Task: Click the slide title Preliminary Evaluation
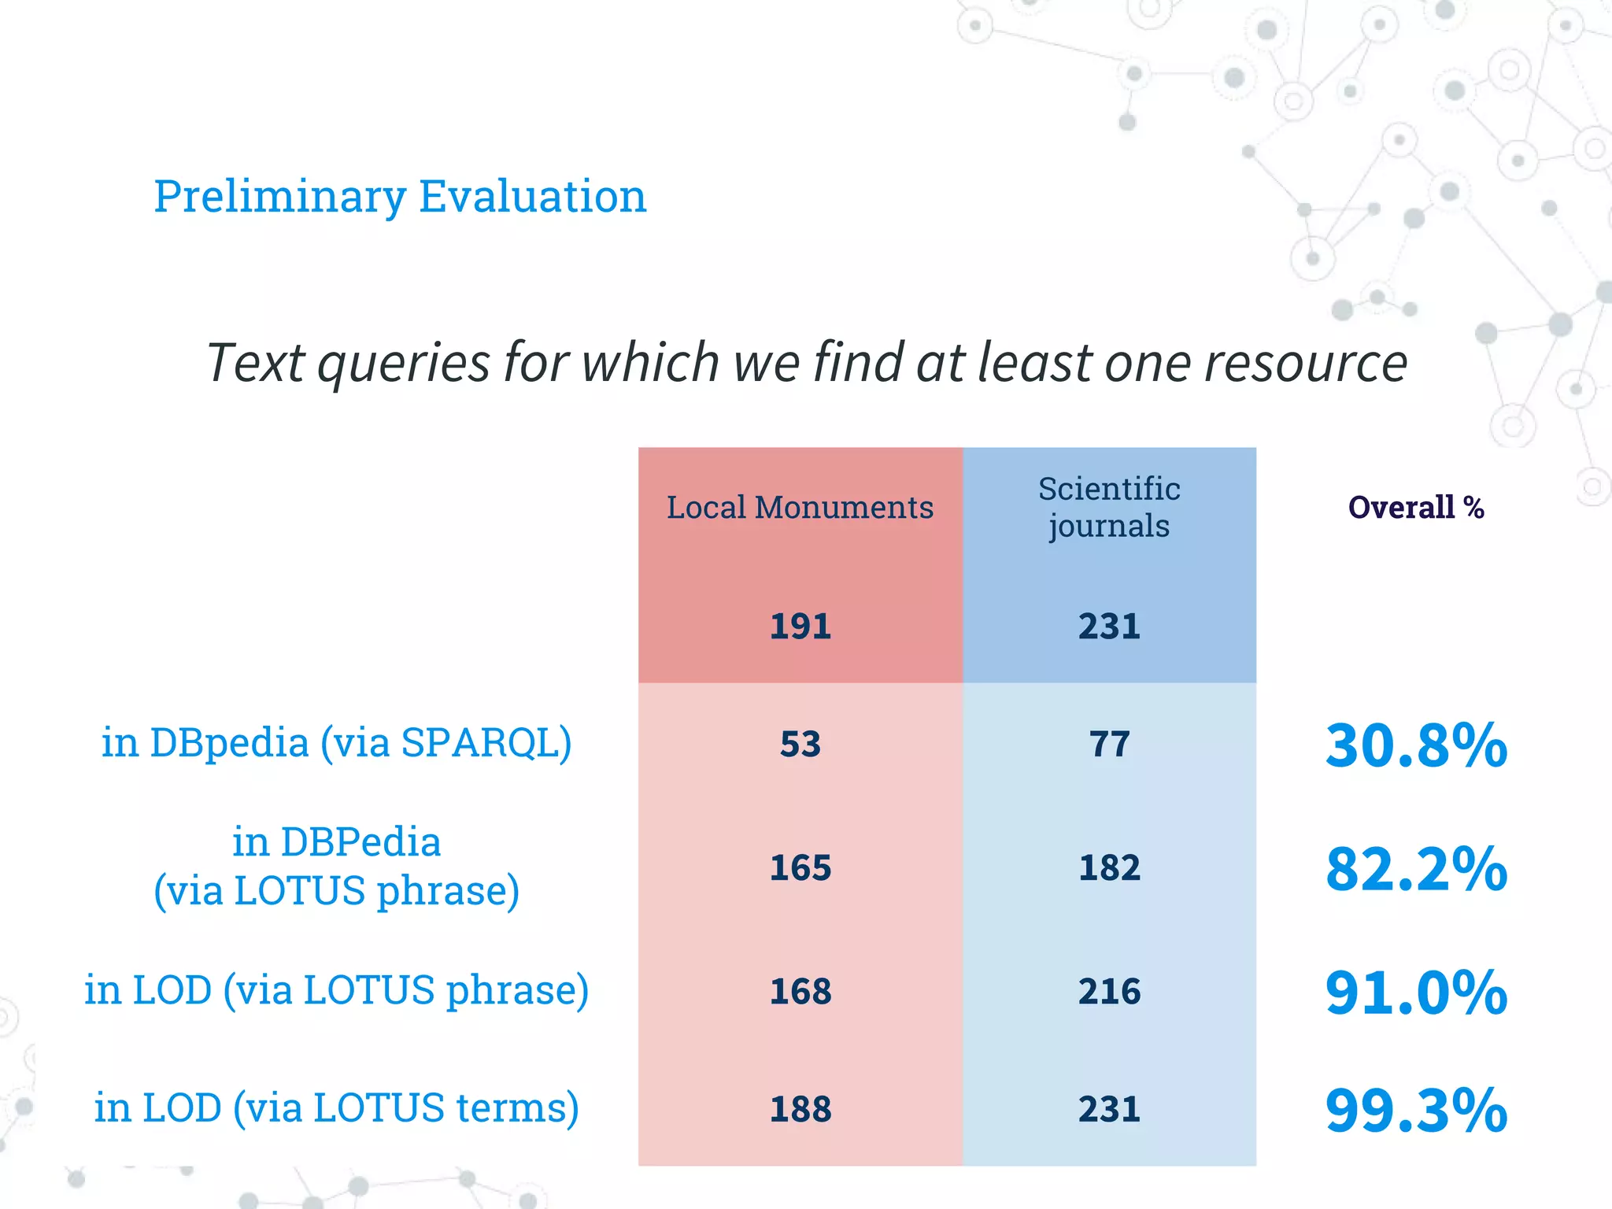[400, 196]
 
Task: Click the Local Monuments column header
[800, 508]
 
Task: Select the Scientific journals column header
[1109, 507]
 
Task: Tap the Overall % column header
[1416, 508]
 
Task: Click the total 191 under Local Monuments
[800, 627]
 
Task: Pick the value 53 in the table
[800, 745]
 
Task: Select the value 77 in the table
[1109, 745]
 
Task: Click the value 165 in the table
[800, 868]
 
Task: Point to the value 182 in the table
[1109, 868]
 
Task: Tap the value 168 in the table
[800, 992]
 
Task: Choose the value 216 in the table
[1109, 992]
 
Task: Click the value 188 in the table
[800, 1110]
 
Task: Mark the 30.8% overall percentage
[1416, 745]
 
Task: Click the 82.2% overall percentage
[1416, 869]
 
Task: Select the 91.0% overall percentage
[1416, 993]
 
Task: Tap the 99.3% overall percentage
[1416, 1111]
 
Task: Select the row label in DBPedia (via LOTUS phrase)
[337, 867]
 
